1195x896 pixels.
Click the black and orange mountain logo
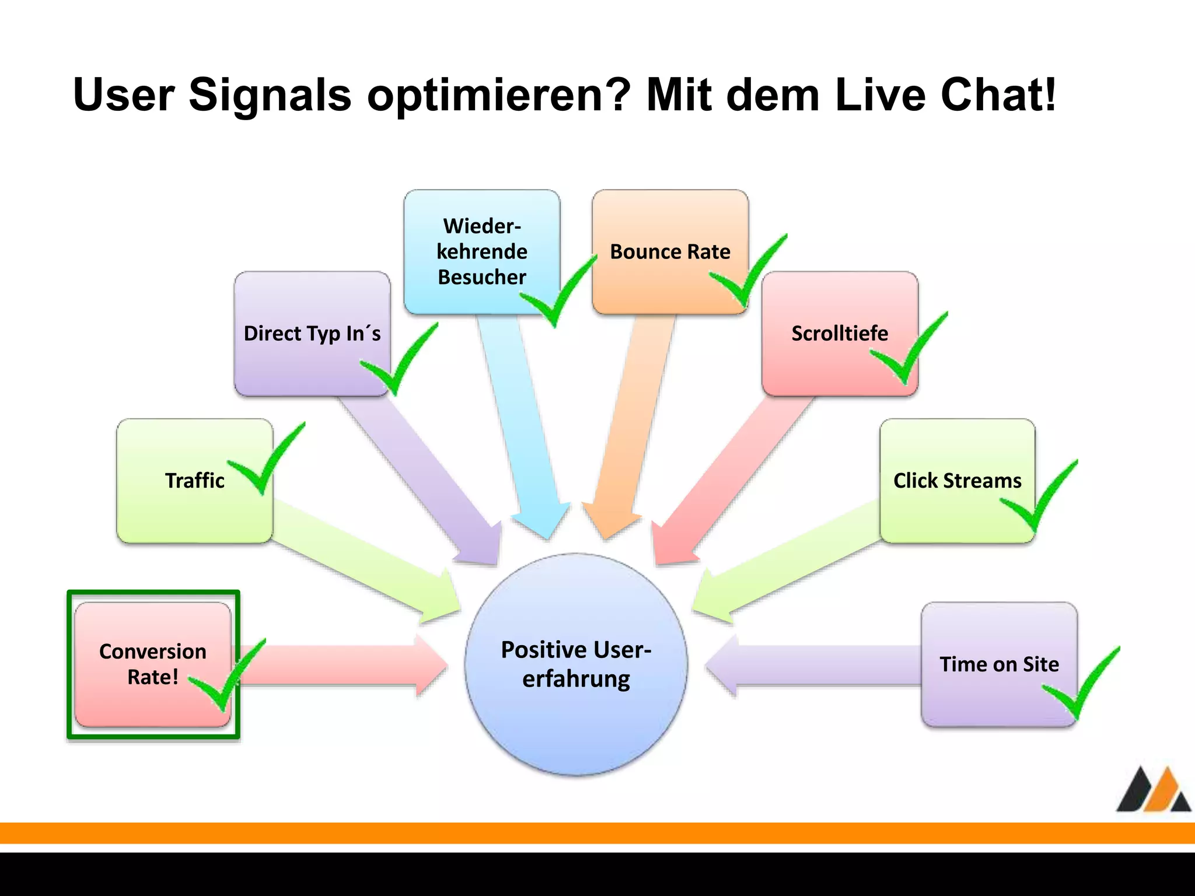click(1153, 790)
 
